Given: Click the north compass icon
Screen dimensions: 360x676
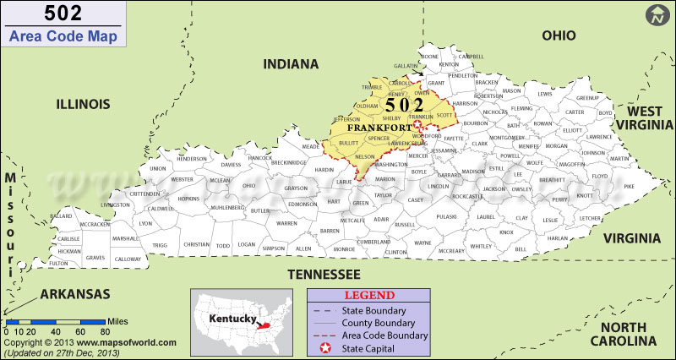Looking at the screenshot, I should pos(657,15).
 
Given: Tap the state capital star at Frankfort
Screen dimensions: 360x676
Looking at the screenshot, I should pos(417,126).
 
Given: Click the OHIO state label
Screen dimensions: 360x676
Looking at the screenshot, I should pos(559,35).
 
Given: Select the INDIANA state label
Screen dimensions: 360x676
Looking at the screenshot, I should pos(292,64).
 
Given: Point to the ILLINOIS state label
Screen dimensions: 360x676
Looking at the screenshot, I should pos(83,104).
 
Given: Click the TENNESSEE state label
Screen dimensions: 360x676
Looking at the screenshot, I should pos(324,274).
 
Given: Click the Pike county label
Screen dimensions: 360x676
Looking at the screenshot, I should pos(628,186).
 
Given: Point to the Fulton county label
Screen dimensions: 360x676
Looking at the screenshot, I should pos(58,263).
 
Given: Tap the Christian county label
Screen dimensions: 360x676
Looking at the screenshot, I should pos(196,244).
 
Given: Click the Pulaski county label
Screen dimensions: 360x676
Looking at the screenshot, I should pos(446,217).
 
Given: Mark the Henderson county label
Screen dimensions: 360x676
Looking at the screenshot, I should pos(192,159).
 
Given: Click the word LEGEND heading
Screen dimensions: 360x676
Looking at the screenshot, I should pos(368,296).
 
